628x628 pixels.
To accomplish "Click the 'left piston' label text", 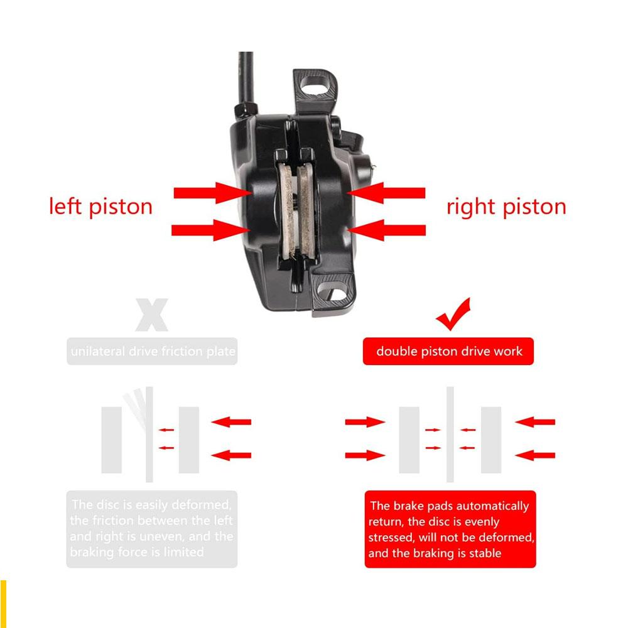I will [x=100, y=206].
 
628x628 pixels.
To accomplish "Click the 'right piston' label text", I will [x=506, y=206].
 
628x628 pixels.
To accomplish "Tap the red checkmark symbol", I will [x=454, y=315].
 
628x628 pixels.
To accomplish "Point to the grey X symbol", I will [x=151, y=316].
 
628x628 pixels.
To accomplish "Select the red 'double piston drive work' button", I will [x=448, y=351].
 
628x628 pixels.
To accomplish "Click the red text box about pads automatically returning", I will [x=450, y=529].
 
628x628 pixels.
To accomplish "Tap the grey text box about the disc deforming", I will [x=152, y=529].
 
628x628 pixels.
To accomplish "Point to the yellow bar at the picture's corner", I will [x=3, y=602].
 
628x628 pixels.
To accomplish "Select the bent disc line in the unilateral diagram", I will [x=138, y=408].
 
